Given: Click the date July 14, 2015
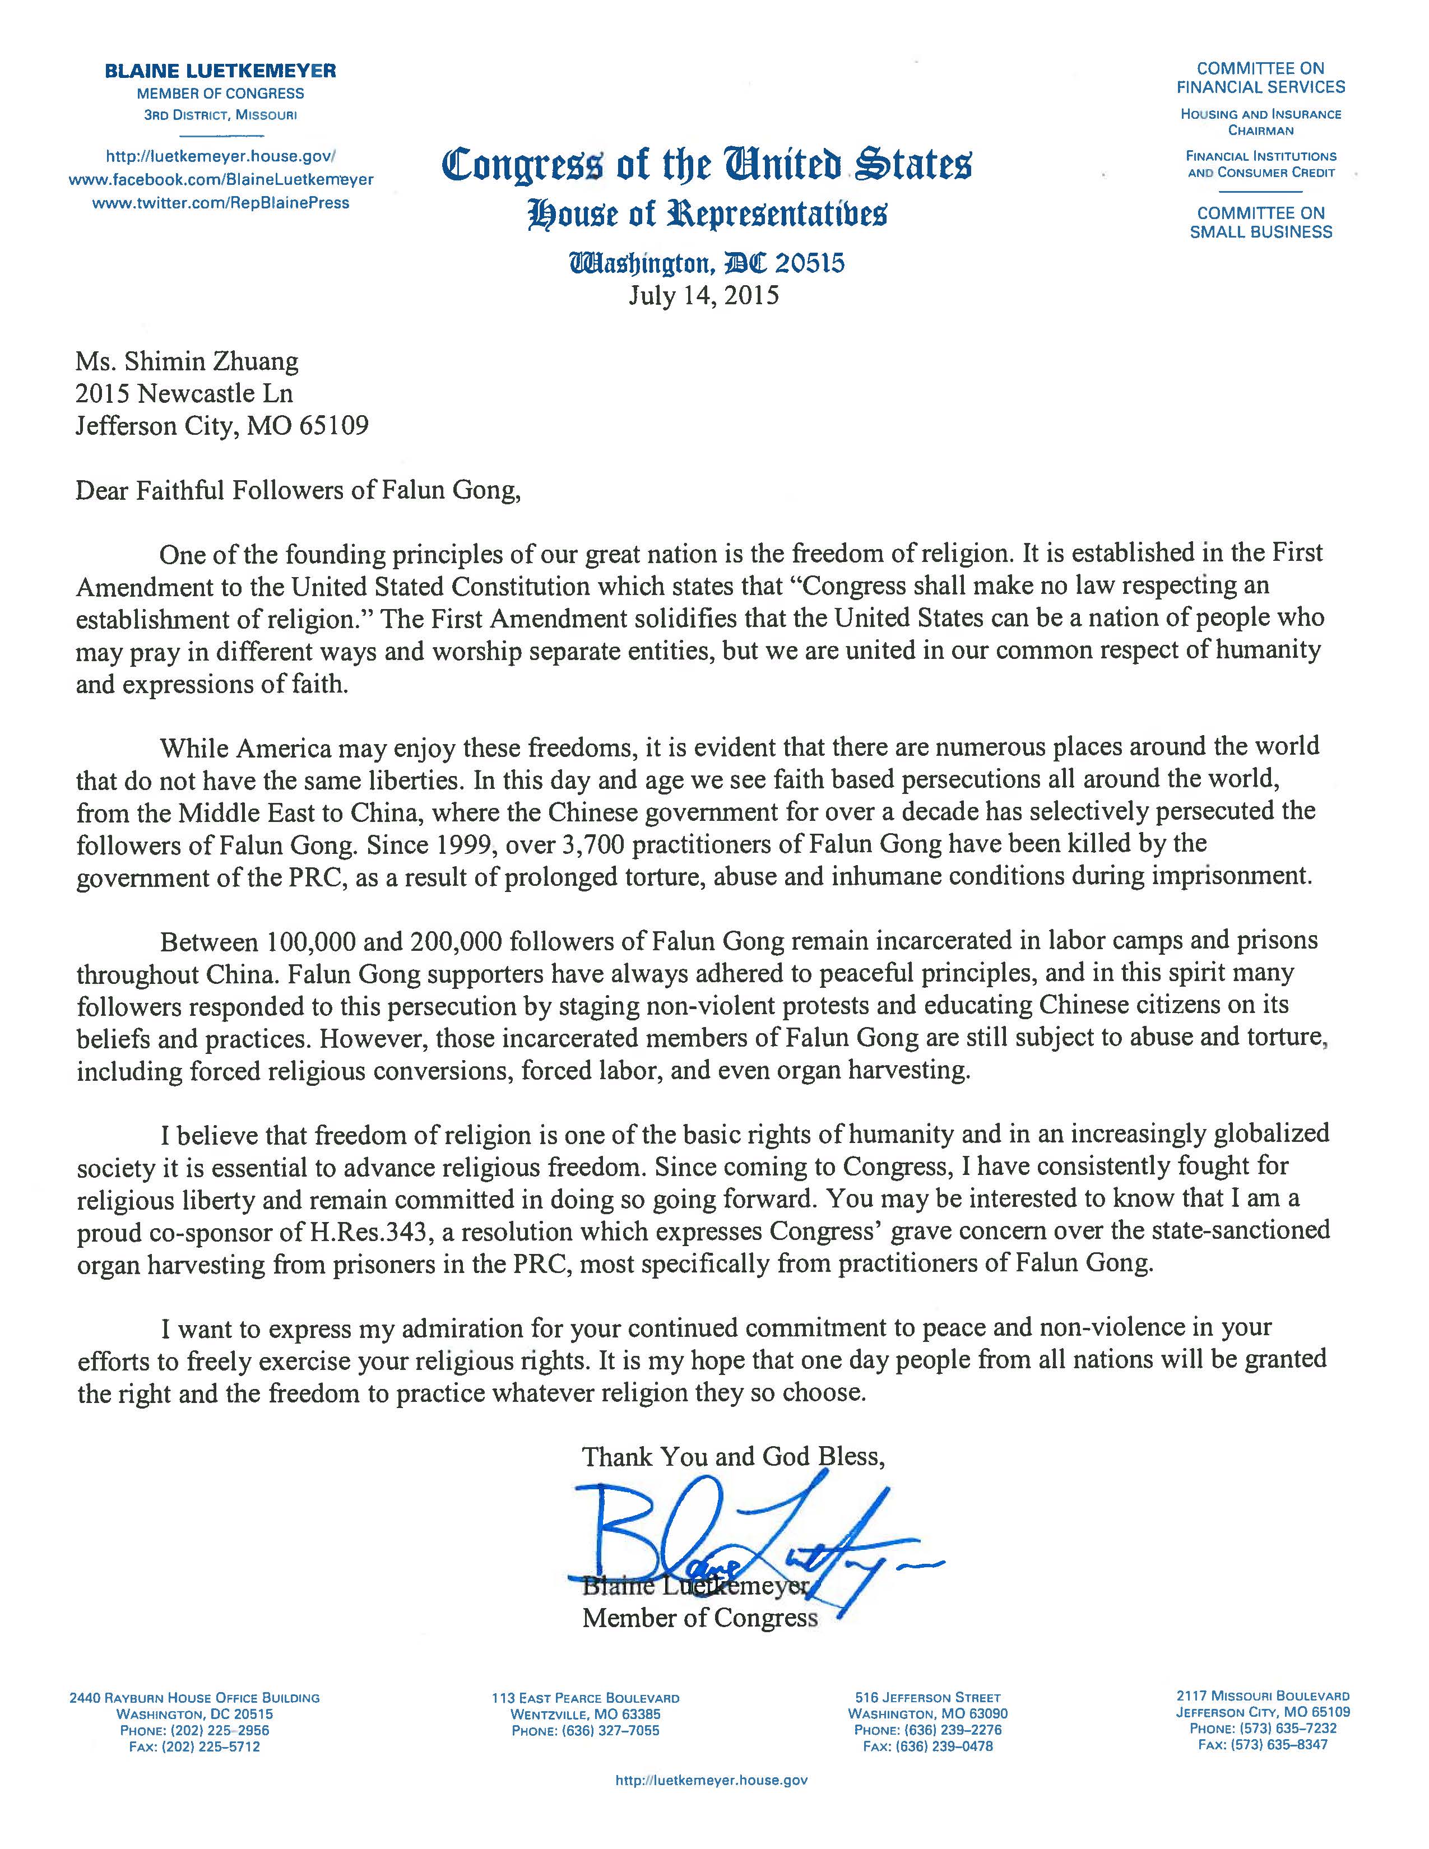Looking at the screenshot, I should [x=703, y=295].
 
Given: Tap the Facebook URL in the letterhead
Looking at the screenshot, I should [x=220, y=179].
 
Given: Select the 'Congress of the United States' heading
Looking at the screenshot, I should [x=707, y=164].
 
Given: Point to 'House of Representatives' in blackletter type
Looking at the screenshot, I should [x=707, y=213].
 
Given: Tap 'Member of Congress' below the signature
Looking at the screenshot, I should [x=700, y=1618].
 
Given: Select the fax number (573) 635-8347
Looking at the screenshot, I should [x=1262, y=1745].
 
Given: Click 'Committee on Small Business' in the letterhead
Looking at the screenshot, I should [x=1260, y=222].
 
